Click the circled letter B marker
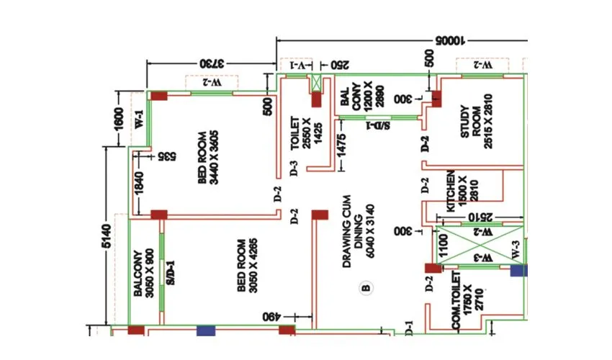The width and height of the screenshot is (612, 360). point(366,289)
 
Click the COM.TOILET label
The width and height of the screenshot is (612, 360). point(465,301)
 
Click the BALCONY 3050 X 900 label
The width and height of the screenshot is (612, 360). point(144,274)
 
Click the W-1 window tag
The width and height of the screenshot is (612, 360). point(139,119)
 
